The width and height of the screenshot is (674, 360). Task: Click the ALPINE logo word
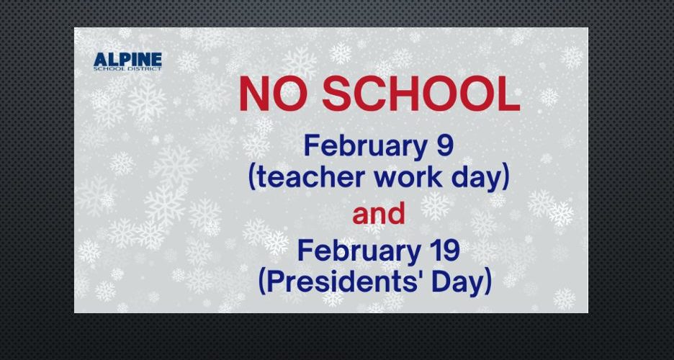(127, 59)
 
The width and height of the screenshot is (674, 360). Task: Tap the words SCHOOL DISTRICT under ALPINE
(127, 68)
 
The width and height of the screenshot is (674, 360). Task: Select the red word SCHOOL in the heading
(421, 94)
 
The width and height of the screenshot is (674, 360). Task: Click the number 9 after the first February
(444, 145)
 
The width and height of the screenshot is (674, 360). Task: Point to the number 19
(447, 251)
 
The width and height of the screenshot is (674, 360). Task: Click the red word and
(379, 214)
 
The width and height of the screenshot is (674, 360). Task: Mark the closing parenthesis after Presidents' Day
(488, 284)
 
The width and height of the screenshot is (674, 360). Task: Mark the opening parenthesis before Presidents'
(263, 284)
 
